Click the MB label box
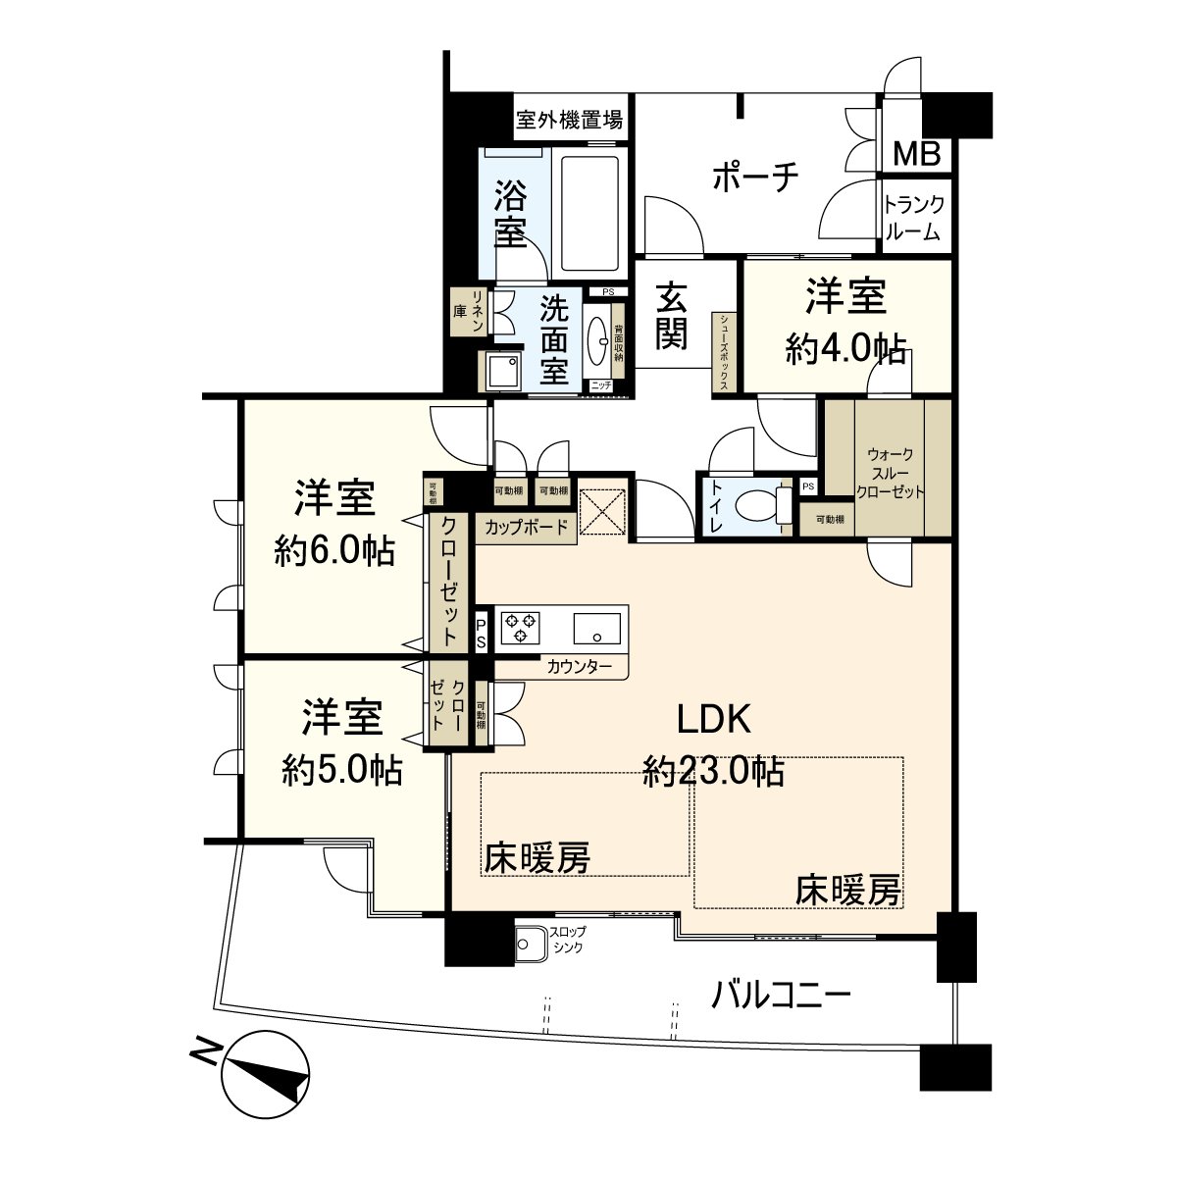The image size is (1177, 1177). click(x=916, y=153)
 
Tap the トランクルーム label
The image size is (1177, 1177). click(x=913, y=219)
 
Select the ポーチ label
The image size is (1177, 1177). click(x=754, y=178)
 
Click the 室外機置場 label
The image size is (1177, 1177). click(x=570, y=121)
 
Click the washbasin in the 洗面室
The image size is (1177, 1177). click(x=597, y=340)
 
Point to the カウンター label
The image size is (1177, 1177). click(x=580, y=667)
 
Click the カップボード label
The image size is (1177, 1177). click(x=526, y=528)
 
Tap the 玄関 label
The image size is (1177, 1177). click(x=671, y=315)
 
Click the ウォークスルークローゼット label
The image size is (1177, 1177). click(x=890, y=474)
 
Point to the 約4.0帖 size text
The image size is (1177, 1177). click(x=844, y=350)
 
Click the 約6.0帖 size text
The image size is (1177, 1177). click(x=334, y=552)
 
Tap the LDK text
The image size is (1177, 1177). click(x=714, y=720)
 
